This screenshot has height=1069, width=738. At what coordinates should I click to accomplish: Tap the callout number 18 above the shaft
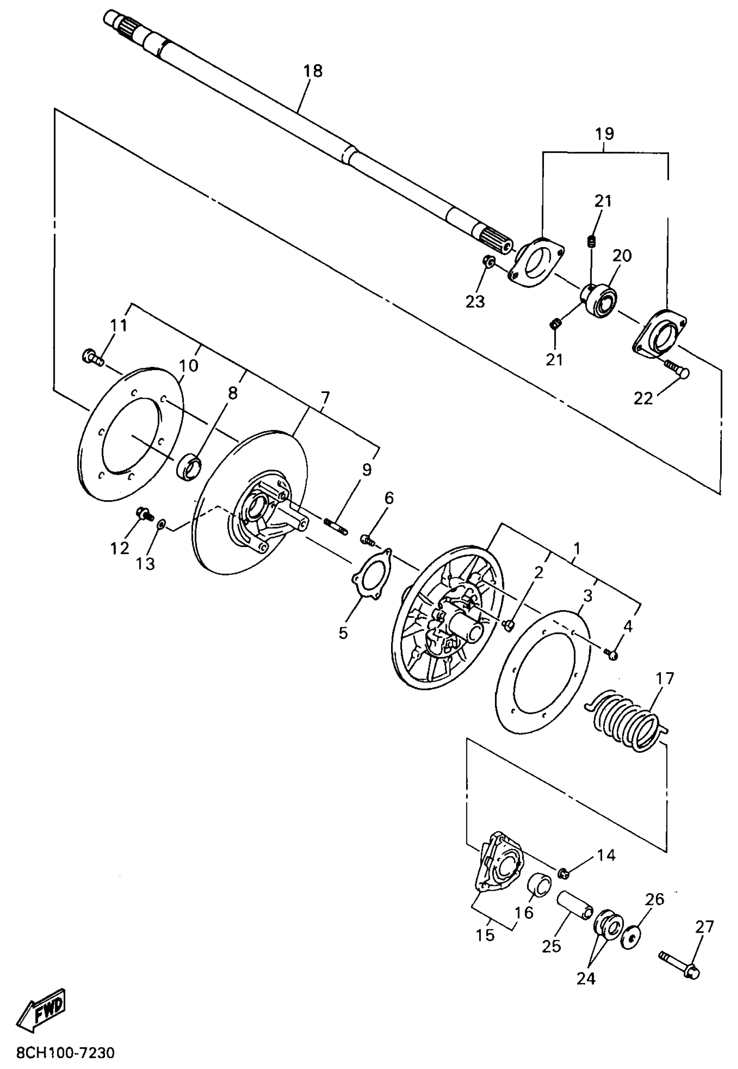click(x=313, y=71)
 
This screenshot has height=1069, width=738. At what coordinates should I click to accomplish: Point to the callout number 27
click(x=704, y=927)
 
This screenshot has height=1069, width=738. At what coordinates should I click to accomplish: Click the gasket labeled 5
click(x=371, y=575)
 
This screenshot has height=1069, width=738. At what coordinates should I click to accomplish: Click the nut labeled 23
click(x=489, y=262)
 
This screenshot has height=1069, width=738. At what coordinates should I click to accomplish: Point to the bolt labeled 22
click(x=676, y=368)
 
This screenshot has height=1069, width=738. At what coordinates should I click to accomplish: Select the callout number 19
click(x=604, y=134)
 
